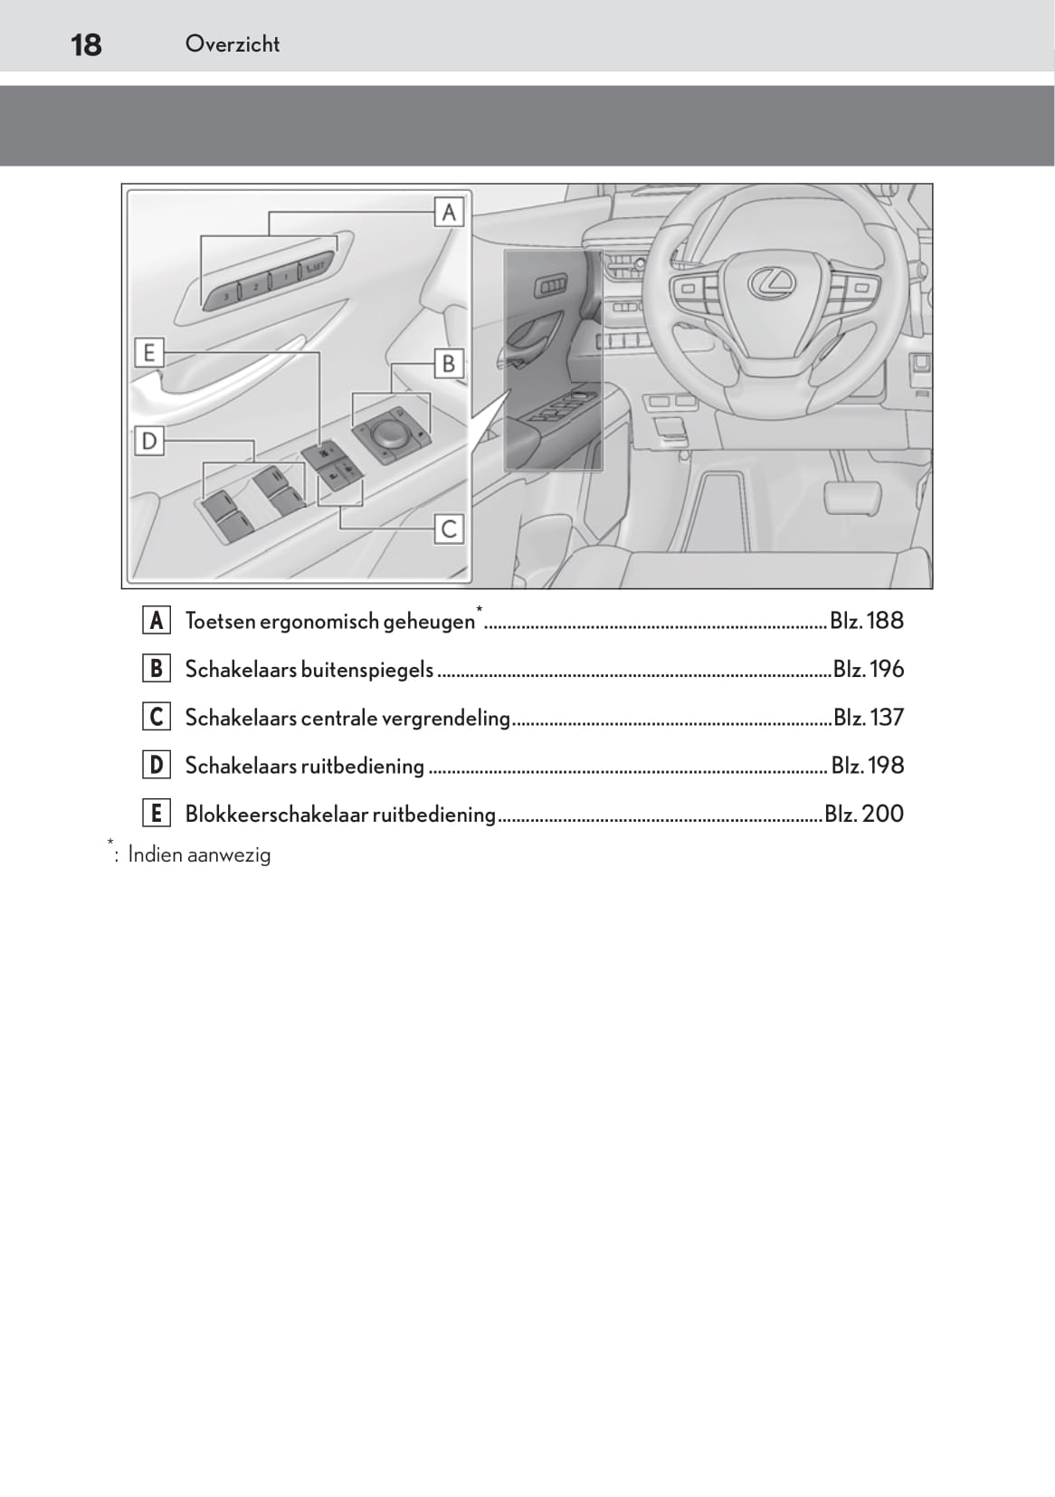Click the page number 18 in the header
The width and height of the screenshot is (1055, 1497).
(x=86, y=44)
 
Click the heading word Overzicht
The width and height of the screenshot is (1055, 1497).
(x=233, y=43)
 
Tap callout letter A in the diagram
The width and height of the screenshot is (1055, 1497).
(x=449, y=213)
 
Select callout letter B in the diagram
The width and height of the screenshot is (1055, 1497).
(x=448, y=364)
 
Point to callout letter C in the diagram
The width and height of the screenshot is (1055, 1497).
(x=449, y=529)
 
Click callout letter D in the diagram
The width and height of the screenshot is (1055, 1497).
(x=149, y=442)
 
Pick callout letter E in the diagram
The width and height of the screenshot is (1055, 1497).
(x=149, y=352)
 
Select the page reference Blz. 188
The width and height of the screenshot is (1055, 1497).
(x=867, y=621)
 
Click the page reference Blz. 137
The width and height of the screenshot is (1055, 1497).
(x=868, y=718)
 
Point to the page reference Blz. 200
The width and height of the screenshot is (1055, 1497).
(x=864, y=814)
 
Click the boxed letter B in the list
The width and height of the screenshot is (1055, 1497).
(x=157, y=669)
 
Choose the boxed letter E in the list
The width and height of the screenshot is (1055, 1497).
(x=157, y=814)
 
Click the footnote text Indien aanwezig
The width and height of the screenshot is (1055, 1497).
(x=199, y=855)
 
